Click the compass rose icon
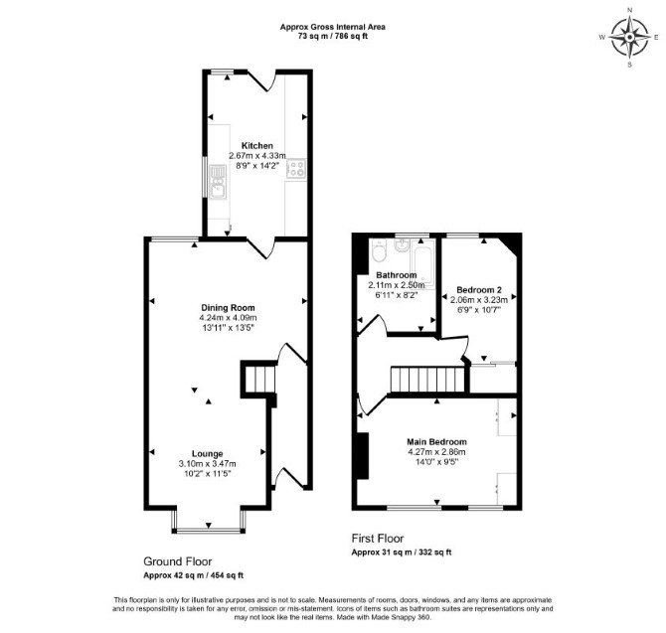[x=629, y=38]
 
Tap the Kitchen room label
[x=257, y=146]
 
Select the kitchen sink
[x=218, y=181]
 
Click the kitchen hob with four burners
[x=296, y=168]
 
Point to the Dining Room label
[x=228, y=308]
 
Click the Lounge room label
[x=208, y=453]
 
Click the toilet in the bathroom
[x=378, y=250]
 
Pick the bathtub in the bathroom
[x=422, y=264]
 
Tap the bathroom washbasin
[x=401, y=245]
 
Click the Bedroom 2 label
[x=479, y=290]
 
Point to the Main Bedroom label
[x=436, y=442]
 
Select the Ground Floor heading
[x=178, y=561]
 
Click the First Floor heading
[x=378, y=539]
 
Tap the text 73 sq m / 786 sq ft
[x=333, y=36]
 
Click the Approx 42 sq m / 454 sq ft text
[x=193, y=575]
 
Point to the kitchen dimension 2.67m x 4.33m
[x=257, y=155]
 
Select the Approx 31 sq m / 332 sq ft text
[x=402, y=553]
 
